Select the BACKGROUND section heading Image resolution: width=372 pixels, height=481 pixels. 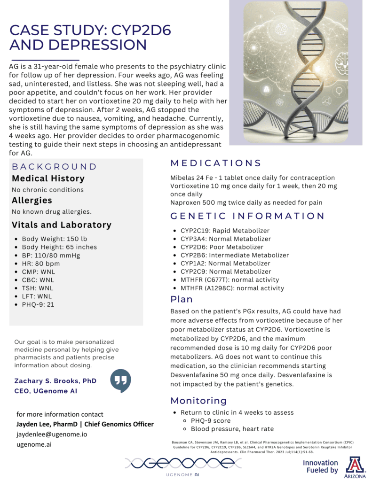pyautogui.click(x=54, y=167)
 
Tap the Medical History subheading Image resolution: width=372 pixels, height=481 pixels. pyautogui.click(x=48, y=178)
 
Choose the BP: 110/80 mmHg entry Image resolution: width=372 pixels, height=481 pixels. pyautogui.click(x=51, y=255)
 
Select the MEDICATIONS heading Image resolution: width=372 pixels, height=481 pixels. pyautogui.click(x=215, y=163)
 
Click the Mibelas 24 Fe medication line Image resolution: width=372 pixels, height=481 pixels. pyautogui.click(x=252, y=178)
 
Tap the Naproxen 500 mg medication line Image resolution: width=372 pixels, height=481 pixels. pyautogui.click(x=253, y=202)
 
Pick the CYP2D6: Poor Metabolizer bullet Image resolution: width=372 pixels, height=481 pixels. pyautogui.click(x=222, y=247)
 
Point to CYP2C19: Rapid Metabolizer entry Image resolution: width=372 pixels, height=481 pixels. pyautogui.click(x=225, y=231)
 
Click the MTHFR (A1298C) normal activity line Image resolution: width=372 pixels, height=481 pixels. pyautogui.click(x=232, y=288)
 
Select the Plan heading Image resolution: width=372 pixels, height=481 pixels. pyautogui.click(x=182, y=299)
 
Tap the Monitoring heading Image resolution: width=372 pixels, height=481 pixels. pyautogui.click(x=198, y=401)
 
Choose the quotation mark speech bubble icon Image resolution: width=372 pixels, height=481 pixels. pyautogui.click(x=120, y=380)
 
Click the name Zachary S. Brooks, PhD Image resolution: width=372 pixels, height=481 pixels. pyautogui.click(x=55, y=380)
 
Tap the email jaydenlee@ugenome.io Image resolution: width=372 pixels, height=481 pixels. pyautogui.click(x=52, y=434)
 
